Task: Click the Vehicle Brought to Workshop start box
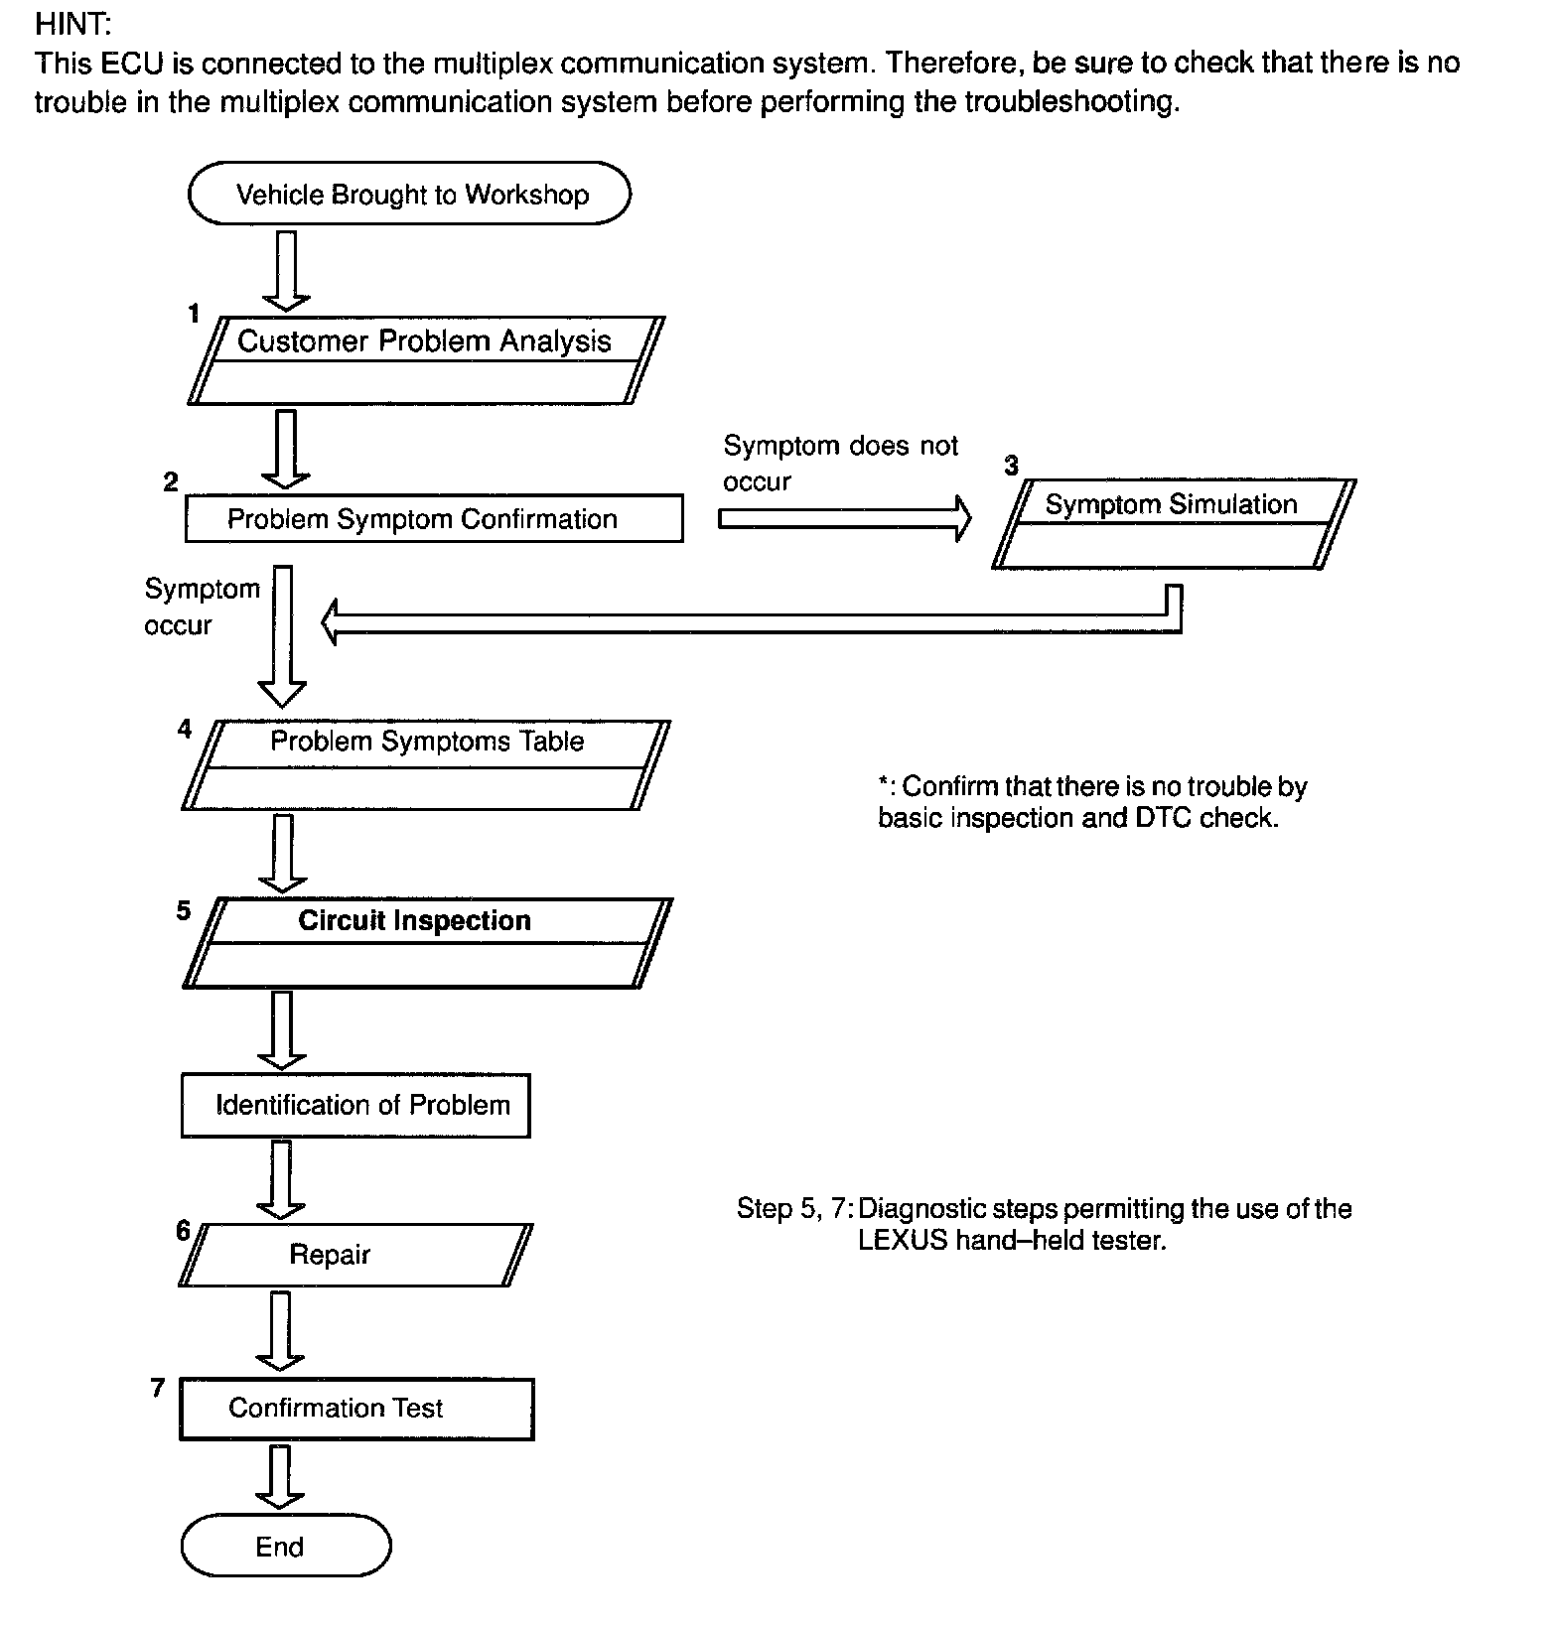pyautogui.click(x=409, y=194)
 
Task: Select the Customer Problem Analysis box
pyautogui.click(x=425, y=359)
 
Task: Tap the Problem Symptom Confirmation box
pyautogui.click(x=434, y=518)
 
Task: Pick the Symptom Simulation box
pyautogui.click(x=1173, y=523)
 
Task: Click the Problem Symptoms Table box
pyautogui.click(x=426, y=764)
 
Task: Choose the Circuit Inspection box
pyautogui.click(x=427, y=942)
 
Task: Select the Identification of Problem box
pyautogui.click(x=355, y=1105)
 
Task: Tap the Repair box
pyautogui.click(x=355, y=1255)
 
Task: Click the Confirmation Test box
pyautogui.click(x=356, y=1409)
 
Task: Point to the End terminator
pyautogui.click(x=286, y=1546)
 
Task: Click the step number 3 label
pyautogui.click(x=1011, y=466)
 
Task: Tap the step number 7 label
pyautogui.click(x=157, y=1388)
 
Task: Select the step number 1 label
pyautogui.click(x=194, y=315)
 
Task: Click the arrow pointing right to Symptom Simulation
pyautogui.click(x=844, y=518)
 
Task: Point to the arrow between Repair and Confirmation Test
pyautogui.click(x=281, y=1330)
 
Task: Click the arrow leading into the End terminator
pyautogui.click(x=281, y=1476)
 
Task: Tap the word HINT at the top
pyautogui.click(x=72, y=24)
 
